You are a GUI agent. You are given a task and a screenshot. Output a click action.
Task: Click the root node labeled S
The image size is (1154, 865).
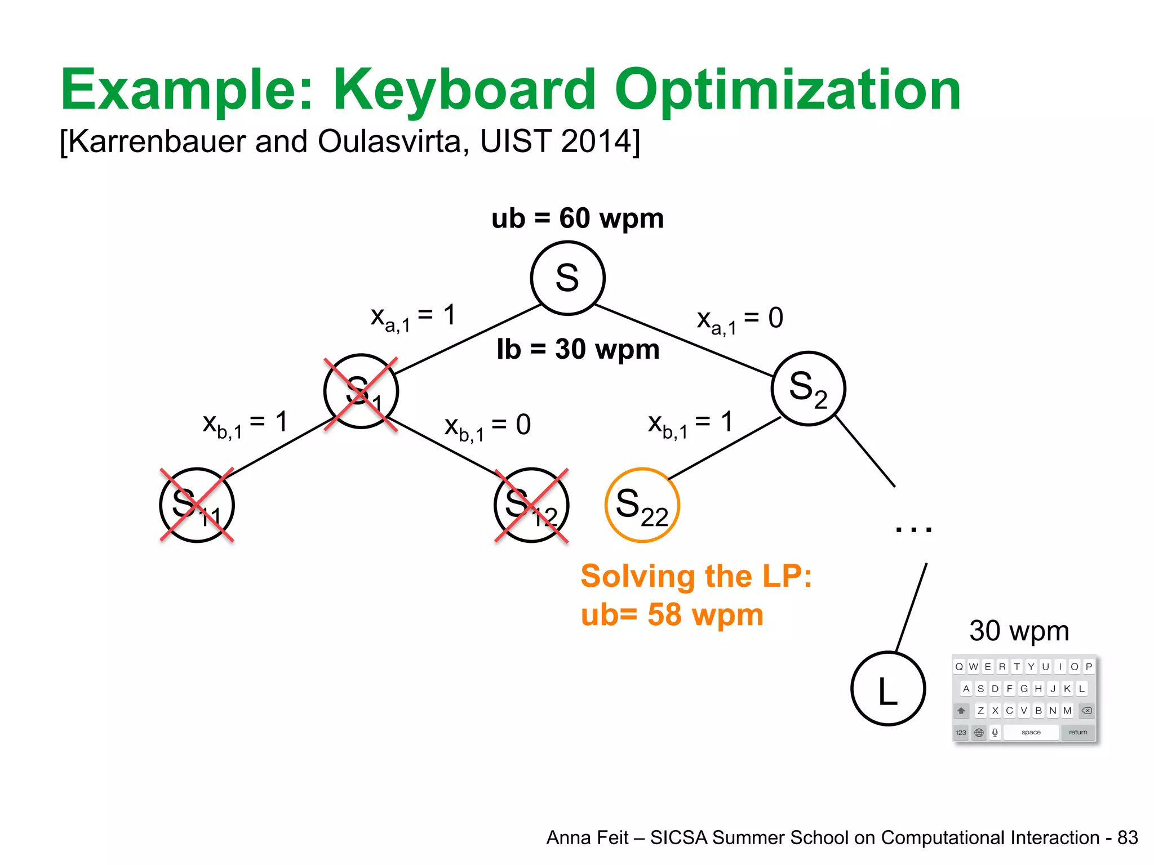(567, 278)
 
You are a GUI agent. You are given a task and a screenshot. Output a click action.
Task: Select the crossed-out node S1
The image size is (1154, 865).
(361, 391)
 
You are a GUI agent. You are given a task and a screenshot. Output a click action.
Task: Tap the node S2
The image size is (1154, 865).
(808, 389)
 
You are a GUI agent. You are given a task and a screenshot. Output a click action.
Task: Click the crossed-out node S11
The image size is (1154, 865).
(197, 505)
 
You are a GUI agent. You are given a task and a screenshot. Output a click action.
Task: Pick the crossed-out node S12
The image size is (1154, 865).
(531, 505)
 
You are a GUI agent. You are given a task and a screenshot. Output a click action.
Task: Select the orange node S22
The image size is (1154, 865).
(642, 505)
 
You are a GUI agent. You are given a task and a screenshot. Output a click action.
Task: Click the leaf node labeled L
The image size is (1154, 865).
(888, 688)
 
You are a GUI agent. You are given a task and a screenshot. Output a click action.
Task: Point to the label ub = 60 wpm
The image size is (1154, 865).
(577, 219)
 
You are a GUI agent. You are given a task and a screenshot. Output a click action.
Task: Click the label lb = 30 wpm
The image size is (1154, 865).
(578, 349)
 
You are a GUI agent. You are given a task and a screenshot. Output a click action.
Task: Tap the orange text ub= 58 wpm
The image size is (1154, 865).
(672, 614)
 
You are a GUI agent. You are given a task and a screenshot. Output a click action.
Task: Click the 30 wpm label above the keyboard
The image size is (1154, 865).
(1019, 631)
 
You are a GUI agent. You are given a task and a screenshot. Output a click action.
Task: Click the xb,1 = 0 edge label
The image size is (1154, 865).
(487, 427)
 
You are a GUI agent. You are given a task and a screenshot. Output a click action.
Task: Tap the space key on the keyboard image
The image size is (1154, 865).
(1031, 732)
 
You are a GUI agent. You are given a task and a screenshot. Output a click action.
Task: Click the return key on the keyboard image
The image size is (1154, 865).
(1078, 732)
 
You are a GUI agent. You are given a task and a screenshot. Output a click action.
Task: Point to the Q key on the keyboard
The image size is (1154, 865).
(959, 667)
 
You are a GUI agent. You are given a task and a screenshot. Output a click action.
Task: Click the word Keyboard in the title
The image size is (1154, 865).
(464, 90)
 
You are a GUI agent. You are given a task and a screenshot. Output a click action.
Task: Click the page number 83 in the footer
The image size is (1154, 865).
(1128, 838)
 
